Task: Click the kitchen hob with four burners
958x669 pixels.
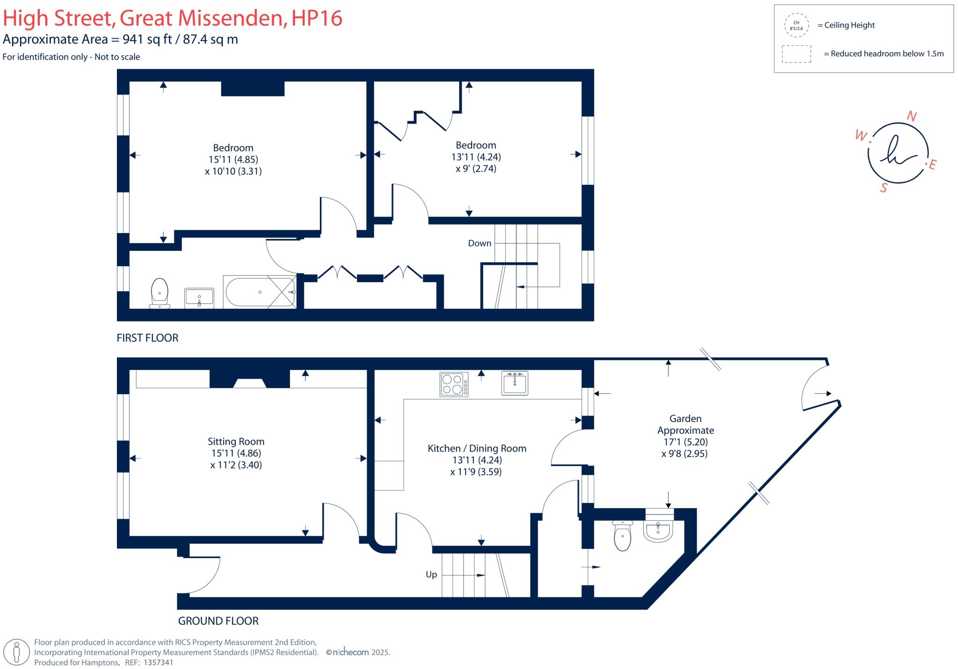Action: (454, 385)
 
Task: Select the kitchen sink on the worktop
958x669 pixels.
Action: (515, 384)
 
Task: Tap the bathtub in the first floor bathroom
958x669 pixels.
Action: (260, 292)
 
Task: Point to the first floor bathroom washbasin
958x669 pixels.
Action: (199, 298)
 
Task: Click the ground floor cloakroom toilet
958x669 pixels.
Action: (622, 536)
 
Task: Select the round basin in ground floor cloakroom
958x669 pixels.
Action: (658, 531)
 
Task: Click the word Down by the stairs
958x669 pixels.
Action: (479, 243)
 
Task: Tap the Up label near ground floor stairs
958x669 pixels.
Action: (431, 574)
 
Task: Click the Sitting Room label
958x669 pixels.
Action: (236, 442)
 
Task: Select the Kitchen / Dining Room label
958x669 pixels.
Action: (477, 448)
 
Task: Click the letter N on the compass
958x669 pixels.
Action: (911, 116)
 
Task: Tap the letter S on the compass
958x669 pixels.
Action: (883, 188)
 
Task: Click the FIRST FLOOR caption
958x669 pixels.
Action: (147, 338)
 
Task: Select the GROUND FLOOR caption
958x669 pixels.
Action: (218, 621)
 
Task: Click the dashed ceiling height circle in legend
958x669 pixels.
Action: (796, 25)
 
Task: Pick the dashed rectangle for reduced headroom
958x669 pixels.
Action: (796, 54)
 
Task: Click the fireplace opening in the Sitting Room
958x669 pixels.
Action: (250, 384)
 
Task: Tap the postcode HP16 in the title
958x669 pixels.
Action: (317, 18)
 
